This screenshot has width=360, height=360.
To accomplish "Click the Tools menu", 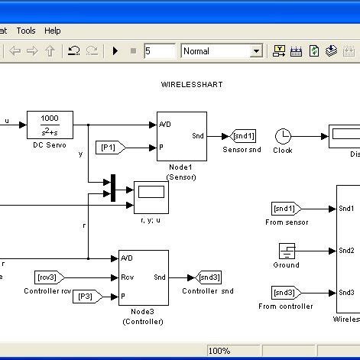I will coord(26,31).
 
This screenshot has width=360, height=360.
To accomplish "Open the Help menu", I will coord(52,31).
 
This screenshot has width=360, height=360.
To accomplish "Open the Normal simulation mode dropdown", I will coord(222,51).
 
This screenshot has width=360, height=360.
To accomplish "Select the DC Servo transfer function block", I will coord(50,123).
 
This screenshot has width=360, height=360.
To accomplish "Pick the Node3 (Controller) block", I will coord(143,277).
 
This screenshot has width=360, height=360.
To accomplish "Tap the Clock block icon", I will coord(283,136).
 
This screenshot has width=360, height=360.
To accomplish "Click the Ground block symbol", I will coord(287,251).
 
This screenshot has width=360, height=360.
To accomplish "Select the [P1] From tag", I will coord(109,147).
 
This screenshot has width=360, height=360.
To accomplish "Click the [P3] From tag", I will coord(86,297).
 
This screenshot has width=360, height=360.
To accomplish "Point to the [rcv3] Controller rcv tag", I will coord(50,277).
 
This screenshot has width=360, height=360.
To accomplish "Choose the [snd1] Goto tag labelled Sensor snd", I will coord(242,136).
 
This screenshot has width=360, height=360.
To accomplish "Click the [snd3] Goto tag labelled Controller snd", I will coord(209,277).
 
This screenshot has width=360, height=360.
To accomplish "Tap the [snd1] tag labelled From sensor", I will coord(287,209).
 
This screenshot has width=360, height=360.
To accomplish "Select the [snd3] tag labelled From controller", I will coord(287,292).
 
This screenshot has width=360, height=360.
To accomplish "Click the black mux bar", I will coord(113,188).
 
